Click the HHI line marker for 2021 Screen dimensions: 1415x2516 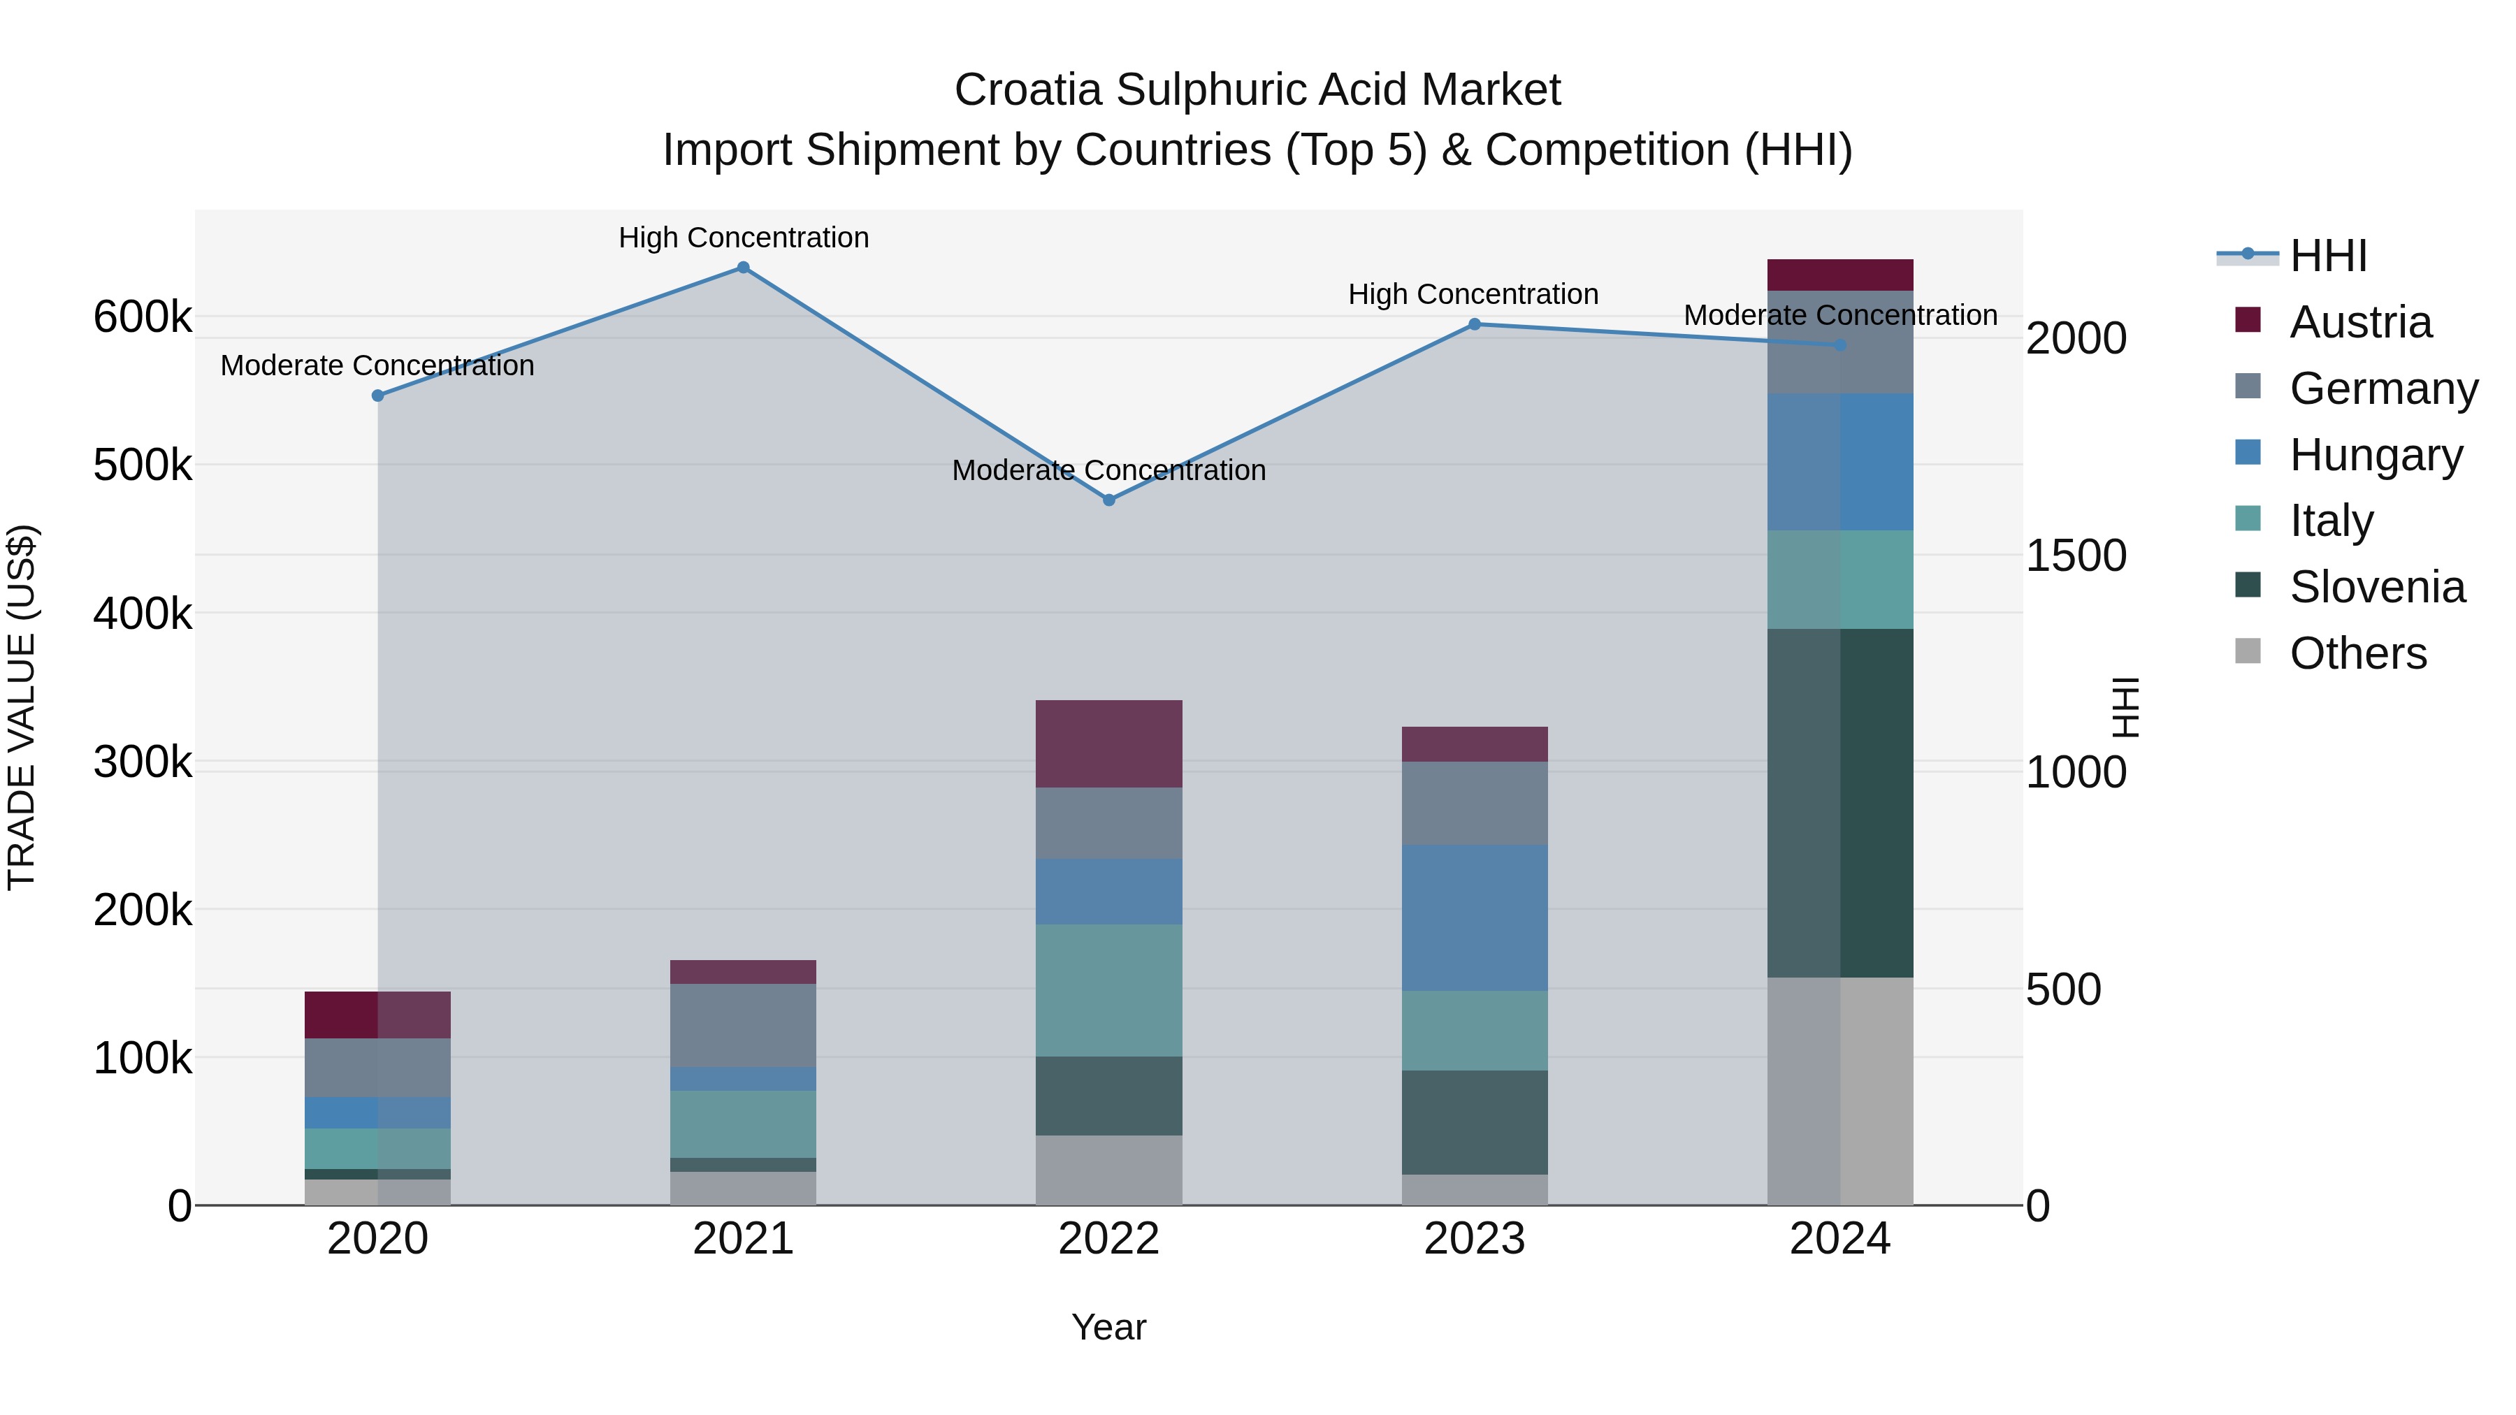click(744, 268)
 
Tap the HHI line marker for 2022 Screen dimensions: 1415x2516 click(1108, 500)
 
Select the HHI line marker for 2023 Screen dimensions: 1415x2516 click(1475, 324)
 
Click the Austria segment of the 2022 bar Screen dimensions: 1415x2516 click(1108, 744)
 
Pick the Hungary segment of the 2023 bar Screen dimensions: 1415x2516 click(1475, 918)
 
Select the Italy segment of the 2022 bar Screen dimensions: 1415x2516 click(1108, 990)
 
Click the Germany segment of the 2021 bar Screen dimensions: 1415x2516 click(744, 1025)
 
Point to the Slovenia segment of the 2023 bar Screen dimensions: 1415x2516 click(1475, 1122)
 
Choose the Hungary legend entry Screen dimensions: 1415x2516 click(2376, 455)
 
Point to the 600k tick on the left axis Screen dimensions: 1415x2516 click(143, 317)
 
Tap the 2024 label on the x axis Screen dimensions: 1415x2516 click(1840, 1239)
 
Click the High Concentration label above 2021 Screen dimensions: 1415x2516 click(744, 238)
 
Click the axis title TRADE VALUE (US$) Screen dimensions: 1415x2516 click(22, 707)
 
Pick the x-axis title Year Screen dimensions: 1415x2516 click(1108, 1327)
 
